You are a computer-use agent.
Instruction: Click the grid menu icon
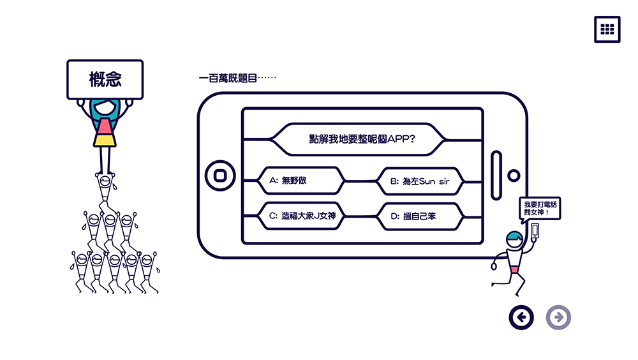coord(607,29)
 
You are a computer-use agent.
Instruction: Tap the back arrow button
coord(521,317)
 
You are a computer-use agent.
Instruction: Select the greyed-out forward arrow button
coord(558,317)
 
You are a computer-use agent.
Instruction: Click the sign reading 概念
coord(105,80)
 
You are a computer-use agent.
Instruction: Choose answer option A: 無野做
coord(300,181)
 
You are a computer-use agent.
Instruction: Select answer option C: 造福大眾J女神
coord(300,216)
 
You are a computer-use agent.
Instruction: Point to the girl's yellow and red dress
coord(105,134)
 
